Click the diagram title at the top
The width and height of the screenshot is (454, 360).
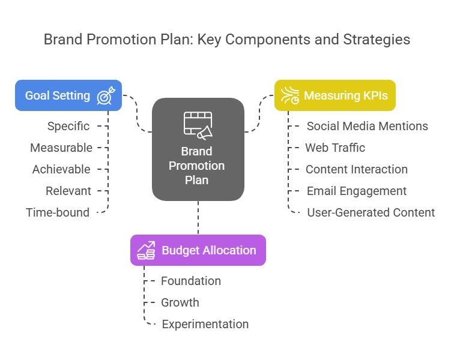(x=227, y=40)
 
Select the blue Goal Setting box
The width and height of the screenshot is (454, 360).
(x=68, y=95)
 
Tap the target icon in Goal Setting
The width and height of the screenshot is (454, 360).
(x=107, y=95)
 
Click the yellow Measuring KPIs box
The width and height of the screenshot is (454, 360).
(x=334, y=95)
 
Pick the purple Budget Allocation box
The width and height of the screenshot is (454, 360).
(x=198, y=250)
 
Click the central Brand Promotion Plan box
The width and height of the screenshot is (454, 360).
(x=198, y=149)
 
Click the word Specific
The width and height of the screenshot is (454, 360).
(x=68, y=126)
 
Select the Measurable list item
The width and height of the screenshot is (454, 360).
(x=61, y=148)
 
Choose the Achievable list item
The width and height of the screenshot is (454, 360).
(x=61, y=169)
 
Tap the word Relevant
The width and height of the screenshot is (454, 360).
(x=68, y=191)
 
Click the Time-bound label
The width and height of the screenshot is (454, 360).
(x=58, y=212)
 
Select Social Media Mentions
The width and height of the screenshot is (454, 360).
(x=367, y=126)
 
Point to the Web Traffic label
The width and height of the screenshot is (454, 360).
(x=334, y=148)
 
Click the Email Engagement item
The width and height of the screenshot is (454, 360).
(x=356, y=191)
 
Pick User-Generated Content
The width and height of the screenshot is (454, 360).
(x=371, y=212)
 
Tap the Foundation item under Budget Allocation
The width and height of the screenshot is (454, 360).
(x=190, y=281)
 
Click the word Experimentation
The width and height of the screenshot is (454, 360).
(x=205, y=324)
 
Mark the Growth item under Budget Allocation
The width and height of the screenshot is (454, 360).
(x=180, y=302)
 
